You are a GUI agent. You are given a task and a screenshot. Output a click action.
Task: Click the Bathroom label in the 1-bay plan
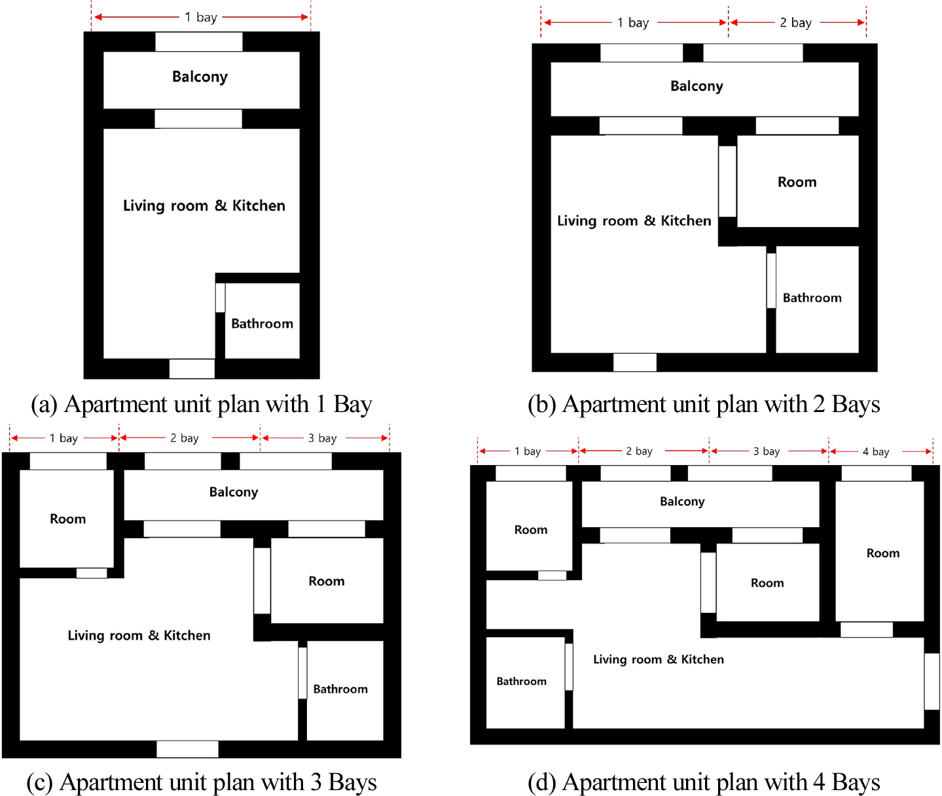click(x=262, y=324)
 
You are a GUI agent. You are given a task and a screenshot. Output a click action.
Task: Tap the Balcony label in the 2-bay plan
click(x=697, y=86)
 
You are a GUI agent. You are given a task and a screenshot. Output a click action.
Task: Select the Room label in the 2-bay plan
click(x=797, y=182)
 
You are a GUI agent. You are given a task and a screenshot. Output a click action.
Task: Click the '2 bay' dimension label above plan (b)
click(x=796, y=23)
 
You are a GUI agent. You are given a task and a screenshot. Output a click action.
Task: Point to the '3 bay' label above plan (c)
click(x=322, y=438)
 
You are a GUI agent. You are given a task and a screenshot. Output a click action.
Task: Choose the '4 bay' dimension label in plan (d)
click(x=875, y=452)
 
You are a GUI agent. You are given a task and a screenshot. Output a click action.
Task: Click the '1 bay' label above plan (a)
click(x=200, y=17)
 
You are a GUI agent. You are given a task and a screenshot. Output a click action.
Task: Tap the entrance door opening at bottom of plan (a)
click(x=192, y=369)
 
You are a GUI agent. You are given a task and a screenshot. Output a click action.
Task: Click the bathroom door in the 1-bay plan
click(x=220, y=298)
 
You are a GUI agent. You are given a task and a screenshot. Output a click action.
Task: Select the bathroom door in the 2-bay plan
click(x=771, y=281)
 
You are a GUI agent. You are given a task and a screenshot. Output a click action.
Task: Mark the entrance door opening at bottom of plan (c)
click(x=187, y=749)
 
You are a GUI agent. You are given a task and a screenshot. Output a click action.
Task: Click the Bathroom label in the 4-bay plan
click(x=521, y=682)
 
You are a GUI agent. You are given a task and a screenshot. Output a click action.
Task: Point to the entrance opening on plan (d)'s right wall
click(x=932, y=682)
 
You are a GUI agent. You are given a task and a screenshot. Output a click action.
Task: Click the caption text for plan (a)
click(x=202, y=404)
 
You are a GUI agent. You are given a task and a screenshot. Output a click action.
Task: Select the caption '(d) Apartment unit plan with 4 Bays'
click(x=704, y=782)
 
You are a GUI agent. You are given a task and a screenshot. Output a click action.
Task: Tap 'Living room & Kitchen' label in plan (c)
click(x=139, y=636)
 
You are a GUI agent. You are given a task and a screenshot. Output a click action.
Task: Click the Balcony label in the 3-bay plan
click(x=233, y=493)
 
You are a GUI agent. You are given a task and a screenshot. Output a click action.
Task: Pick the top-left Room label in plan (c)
click(x=67, y=519)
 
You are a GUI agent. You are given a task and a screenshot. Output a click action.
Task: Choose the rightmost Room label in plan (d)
click(x=882, y=553)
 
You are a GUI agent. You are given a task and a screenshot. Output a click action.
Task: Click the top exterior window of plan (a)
click(x=199, y=42)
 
